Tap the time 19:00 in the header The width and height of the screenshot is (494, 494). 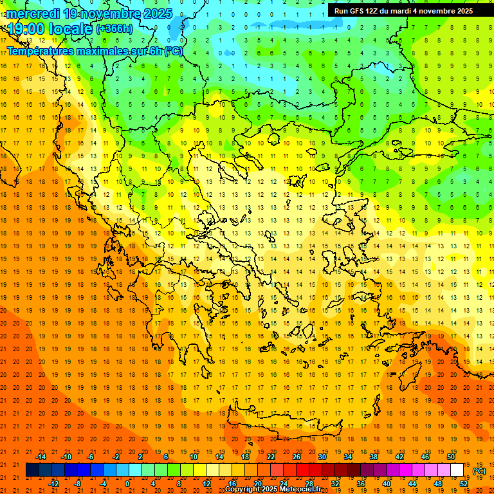tap(26, 29)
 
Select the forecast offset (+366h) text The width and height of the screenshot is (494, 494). tap(114, 29)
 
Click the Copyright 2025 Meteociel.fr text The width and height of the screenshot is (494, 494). tap(273, 489)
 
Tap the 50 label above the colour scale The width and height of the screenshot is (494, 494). tap(450, 457)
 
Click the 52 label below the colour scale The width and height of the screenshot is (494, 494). tap(464, 484)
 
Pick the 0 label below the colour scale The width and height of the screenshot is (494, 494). tap(128, 484)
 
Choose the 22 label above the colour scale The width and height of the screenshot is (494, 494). tap(271, 457)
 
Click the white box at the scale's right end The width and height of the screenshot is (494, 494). tap(457, 470)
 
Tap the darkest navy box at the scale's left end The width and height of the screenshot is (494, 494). tap(32, 470)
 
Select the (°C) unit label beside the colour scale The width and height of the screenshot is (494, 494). tap(479, 471)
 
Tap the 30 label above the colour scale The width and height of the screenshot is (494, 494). tap(322, 457)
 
